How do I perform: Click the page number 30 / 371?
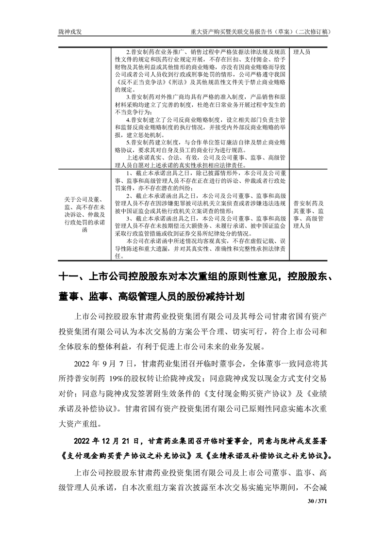[x=316, y=501]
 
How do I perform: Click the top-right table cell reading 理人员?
[x=304, y=51]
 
